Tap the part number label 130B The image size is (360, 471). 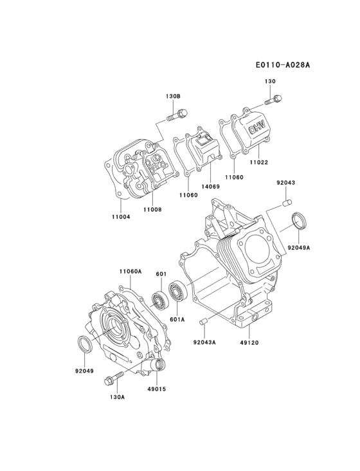tap(173, 96)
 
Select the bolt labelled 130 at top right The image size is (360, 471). tap(274, 100)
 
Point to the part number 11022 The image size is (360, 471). tap(259, 162)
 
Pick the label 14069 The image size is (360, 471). tap(210, 187)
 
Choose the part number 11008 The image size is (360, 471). tap(152, 209)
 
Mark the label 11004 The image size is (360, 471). tap(121, 217)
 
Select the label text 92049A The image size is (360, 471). tap(299, 247)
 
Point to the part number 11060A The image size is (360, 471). tap(130, 272)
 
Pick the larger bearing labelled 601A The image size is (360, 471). tap(177, 293)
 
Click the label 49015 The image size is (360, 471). tap(156, 389)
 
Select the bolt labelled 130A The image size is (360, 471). tap(114, 380)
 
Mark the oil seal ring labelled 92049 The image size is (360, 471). tap(84, 343)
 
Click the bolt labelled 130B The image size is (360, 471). tap(177, 116)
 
